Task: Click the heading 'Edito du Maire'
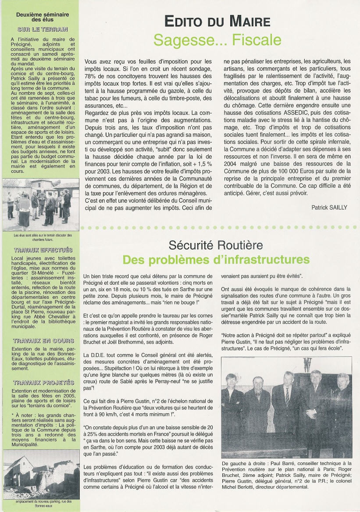tap(217, 21)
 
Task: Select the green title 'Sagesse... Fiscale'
tap(217, 40)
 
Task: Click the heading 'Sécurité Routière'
tap(216, 244)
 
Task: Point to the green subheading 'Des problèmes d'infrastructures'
tap(216, 260)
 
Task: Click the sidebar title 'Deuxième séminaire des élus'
tap(39, 17)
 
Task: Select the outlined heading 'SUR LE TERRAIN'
tap(43, 29)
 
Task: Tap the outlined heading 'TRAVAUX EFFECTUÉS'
tap(43, 250)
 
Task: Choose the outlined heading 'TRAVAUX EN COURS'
tap(43, 340)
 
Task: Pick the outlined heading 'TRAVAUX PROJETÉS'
tap(43, 383)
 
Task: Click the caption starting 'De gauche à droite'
tap(286, 475)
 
